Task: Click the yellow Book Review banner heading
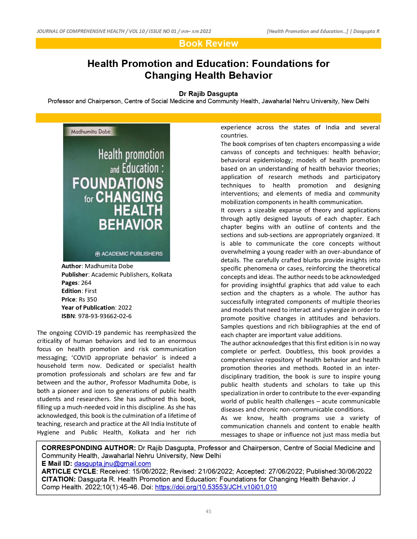tap(208, 43)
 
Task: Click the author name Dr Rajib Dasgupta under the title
tap(208, 94)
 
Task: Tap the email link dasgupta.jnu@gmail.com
tap(113, 464)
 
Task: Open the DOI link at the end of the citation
tap(216, 487)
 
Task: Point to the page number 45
tap(208, 511)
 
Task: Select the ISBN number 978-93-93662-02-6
tap(105, 316)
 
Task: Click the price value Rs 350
tap(88, 299)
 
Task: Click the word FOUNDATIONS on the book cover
tap(118, 183)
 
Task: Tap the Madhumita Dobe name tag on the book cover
tap(91, 132)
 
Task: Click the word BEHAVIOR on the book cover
tap(130, 225)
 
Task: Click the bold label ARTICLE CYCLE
tap(69, 471)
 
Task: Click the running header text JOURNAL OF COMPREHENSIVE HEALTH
tap(80, 31)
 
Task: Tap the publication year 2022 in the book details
tap(125, 307)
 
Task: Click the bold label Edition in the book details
tap(71, 291)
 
